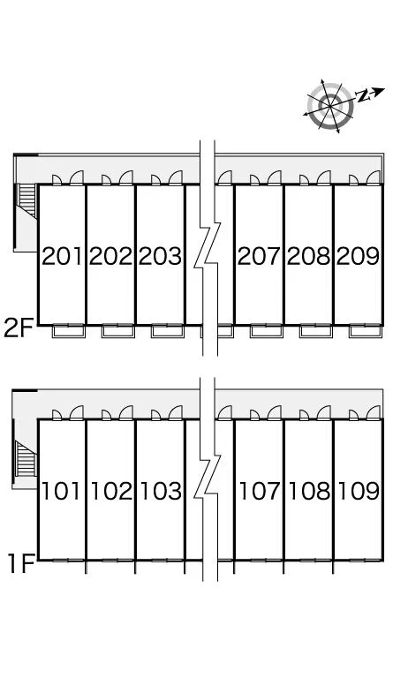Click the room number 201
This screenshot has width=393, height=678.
click(x=62, y=256)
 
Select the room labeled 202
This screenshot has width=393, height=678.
click(x=110, y=256)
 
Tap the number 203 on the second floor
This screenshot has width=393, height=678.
click(x=161, y=256)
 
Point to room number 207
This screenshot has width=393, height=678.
click(x=260, y=256)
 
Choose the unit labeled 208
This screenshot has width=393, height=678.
click(x=309, y=256)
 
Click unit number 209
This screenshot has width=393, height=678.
click(x=358, y=256)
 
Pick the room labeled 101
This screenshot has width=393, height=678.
click(x=61, y=491)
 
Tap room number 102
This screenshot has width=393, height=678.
click(x=111, y=491)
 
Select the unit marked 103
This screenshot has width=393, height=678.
click(x=162, y=491)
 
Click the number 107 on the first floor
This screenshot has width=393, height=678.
click(x=260, y=491)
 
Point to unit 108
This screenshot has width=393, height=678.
click(x=310, y=491)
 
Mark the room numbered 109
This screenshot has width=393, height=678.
click(x=359, y=491)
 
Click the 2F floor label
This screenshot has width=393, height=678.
click(x=19, y=328)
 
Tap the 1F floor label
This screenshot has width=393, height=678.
click(x=21, y=563)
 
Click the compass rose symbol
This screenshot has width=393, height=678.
click(x=330, y=106)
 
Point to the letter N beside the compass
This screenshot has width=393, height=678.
click(x=362, y=96)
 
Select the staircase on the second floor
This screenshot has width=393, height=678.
click(x=26, y=200)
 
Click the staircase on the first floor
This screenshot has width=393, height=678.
click(x=25, y=459)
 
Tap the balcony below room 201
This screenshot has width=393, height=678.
click(x=68, y=332)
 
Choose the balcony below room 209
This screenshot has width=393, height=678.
click(x=366, y=332)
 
